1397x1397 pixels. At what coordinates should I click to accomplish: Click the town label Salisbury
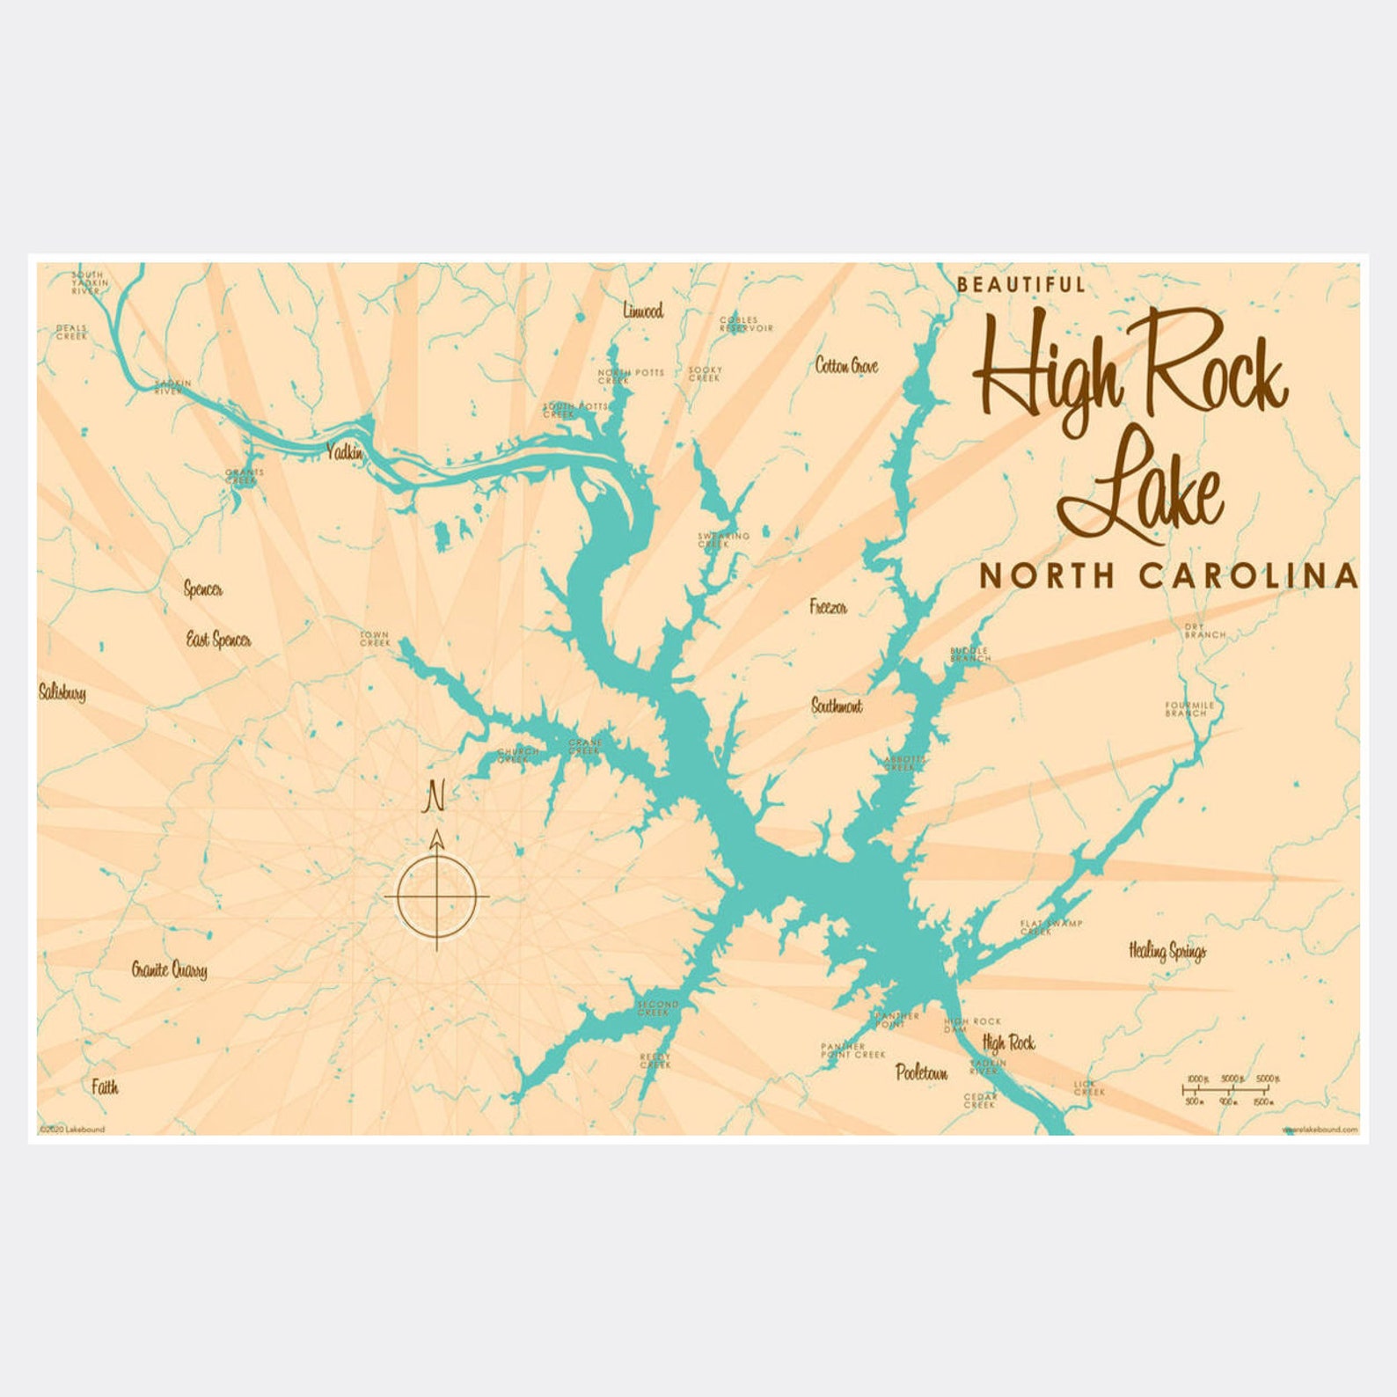(62, 693)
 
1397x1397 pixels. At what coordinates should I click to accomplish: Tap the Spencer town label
(202, 589)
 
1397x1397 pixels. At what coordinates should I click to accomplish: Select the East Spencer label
(218, 640)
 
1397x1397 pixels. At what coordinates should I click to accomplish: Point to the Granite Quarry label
(170, 969)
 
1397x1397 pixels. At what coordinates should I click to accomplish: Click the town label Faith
(105, 1087)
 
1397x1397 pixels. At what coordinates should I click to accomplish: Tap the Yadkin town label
(344, 452)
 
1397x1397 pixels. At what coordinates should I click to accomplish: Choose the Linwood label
(643, 311)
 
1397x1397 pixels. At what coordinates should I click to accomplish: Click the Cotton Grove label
(846, 366)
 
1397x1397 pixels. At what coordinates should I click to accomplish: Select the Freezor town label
(828, 607)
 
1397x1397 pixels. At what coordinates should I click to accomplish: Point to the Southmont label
(837, 706)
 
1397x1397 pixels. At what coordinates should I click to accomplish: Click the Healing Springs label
(1167, 951)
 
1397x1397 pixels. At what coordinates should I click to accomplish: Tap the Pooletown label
(921, 1072)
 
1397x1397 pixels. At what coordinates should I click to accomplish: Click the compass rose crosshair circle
(436, 896)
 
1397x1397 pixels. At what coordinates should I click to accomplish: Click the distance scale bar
(1230, 1090)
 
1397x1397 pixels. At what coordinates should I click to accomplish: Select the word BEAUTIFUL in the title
(1020, 284)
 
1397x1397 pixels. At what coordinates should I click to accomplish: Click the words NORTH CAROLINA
(1168, 575)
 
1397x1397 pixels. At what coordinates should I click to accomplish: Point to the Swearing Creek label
(723, 540)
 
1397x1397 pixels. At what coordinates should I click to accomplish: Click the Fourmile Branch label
(1189, 709)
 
